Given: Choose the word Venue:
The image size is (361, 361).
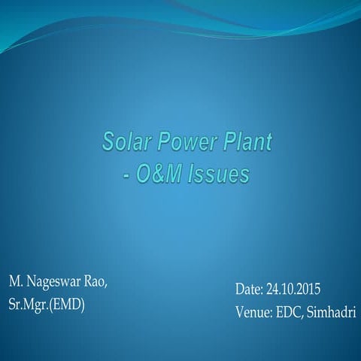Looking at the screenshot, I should [253, 312].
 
